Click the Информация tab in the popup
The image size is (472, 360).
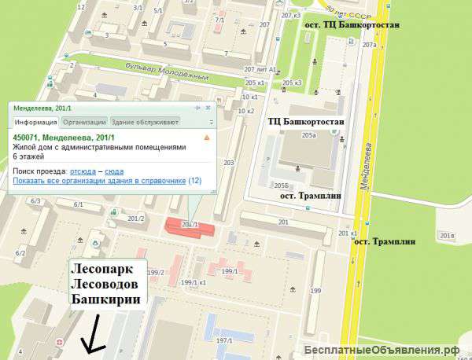pos(35,122)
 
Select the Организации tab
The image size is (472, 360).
pos(84,122)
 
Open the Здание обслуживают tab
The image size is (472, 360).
pos(146,122)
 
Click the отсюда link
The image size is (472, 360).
pos(83,171)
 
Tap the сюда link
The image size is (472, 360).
pos(114,171)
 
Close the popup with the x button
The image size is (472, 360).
pos(208,108)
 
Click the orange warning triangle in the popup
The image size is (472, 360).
pos(207,137)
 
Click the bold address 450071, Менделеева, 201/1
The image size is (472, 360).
pos(65,137)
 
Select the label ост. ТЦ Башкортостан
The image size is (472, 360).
pos(352,25)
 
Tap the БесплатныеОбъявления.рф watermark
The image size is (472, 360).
pos(385,350)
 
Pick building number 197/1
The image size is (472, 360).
pos(224,340)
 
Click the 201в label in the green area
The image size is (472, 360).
pos(447,235)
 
